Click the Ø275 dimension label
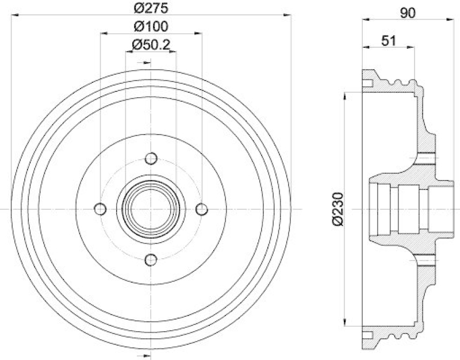click(x=151, y=8)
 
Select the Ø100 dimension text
click(x=151, y=26)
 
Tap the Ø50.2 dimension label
click(x=151, y=44)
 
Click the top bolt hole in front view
click(x=151, y=158)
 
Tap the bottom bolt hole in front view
click(x=151, y=259)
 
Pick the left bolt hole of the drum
click(x=101, y=208)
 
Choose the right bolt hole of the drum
click(x=202, y=208)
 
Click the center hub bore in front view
click(x=151, y=208)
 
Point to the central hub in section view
click(x=408, y=208)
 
